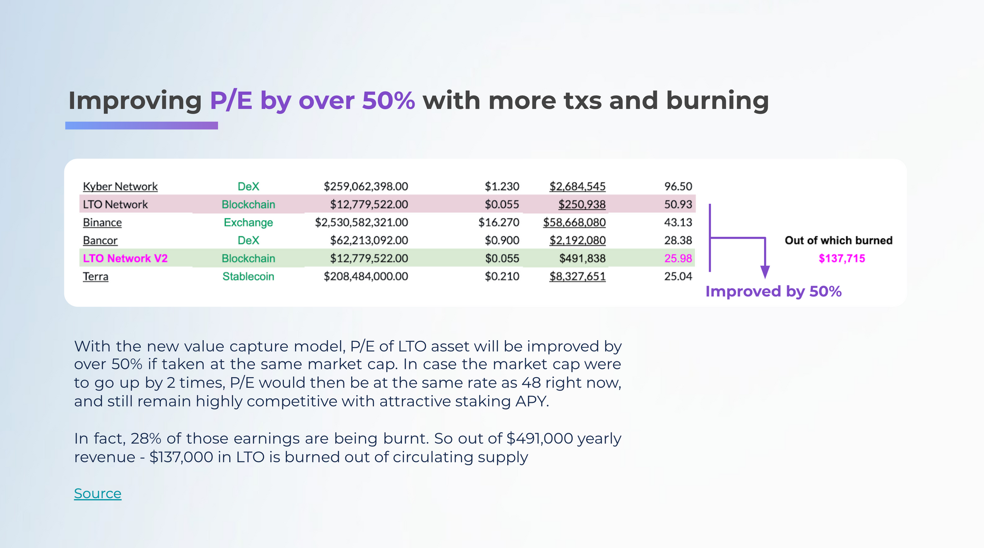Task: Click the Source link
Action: [x=97, y=493]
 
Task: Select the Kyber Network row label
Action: [x=120, y=187]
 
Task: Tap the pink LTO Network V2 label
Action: [x=125, y=258]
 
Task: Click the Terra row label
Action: [x=95, y=276]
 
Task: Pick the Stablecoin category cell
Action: [x=248, y=276]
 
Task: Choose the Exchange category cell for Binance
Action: [x=248, y=223]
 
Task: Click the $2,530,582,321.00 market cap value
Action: [x=362, y=223]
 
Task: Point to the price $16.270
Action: [x=499, y=223]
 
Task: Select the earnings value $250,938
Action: [x=582, y=204]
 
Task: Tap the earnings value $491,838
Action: [x=583, y=258]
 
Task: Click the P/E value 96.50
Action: [x=678, y=187]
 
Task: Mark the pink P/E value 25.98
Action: [x=678, y=258]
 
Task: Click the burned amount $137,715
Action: [x=842, y=258]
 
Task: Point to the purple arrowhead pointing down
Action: [x=765, y=272]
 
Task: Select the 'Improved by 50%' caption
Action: [x=773, y=291]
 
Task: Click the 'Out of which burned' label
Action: [x=838, y=240]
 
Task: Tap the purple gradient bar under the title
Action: [x=142, y=126]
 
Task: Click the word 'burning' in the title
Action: [x=717, y=100]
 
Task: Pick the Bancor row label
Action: [x=100, y=240]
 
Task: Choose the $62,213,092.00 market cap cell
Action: [x=369, y=240]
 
